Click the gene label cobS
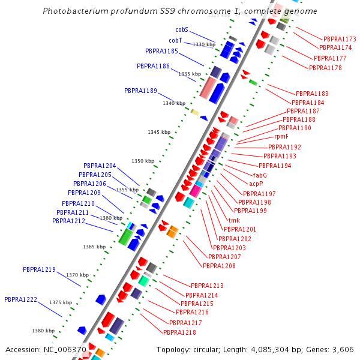tap(182, 29)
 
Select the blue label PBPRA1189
tap(140, 91)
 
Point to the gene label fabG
tap(260, 175)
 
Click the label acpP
tap(256, 184)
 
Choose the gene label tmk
tap(234, 220)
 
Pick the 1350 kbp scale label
tap(143, 161)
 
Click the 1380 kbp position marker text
tap(43, 331)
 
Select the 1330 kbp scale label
tap(203, 44)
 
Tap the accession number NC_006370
tap(64, 350)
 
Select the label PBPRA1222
tap(20, 299)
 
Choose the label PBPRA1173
tap(340, 38)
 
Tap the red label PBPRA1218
tap(179, 332)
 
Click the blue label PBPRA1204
tap(100, 166)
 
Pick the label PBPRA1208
tap(219, 266)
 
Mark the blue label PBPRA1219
tap(39, 269)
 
